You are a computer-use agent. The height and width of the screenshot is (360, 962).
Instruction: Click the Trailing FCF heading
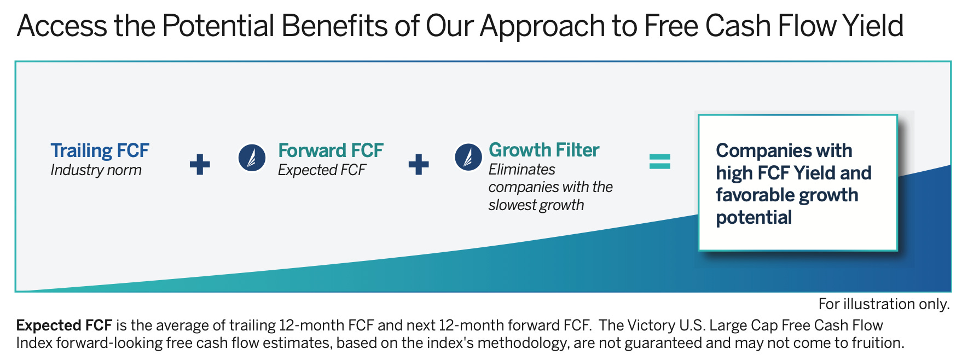pos(100,150)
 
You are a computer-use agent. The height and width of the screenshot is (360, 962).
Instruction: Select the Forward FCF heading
pos(331,150)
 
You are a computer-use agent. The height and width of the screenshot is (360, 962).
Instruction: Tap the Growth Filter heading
pos(544,150)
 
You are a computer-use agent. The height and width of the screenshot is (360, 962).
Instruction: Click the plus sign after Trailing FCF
pos(200,164)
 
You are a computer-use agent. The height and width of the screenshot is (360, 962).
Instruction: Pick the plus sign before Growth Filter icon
pos(419,164)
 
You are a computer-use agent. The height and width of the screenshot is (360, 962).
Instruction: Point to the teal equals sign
pos(659,161)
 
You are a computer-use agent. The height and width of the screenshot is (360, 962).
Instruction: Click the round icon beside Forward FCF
pos(252,158)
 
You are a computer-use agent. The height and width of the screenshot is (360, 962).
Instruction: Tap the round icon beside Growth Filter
pos(468,157)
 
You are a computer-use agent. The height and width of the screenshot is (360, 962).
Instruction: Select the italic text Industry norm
pos(96,170)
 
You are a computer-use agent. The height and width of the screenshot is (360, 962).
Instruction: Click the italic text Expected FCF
pos(322,170)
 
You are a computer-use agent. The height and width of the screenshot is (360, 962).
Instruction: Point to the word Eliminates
pos(522,170)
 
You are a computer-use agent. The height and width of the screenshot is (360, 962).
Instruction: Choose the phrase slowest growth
pos(536,205)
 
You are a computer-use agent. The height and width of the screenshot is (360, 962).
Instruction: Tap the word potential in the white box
pos(754,218)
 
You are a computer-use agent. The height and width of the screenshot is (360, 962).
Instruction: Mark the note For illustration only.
pos(884,304)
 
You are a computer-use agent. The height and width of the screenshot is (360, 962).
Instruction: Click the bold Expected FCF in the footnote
pos(64,326)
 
